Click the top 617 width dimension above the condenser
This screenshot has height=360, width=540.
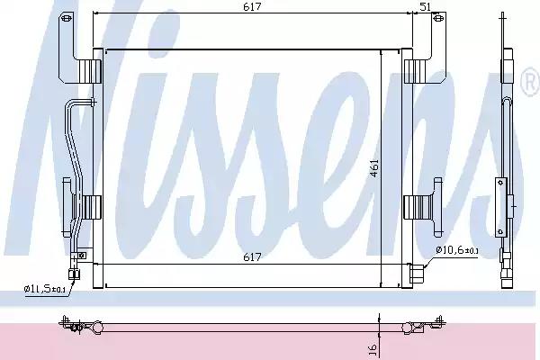pos(253,6)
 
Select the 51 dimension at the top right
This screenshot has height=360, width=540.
pos(426,6)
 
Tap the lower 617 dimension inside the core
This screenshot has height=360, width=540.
pos(253,257)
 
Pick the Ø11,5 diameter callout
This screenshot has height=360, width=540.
pos(43,289)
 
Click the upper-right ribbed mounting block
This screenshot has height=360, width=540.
pos(416,69)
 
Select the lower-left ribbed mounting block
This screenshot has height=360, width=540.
pos(90,207)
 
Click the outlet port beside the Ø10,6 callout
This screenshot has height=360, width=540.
pos(413,269)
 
